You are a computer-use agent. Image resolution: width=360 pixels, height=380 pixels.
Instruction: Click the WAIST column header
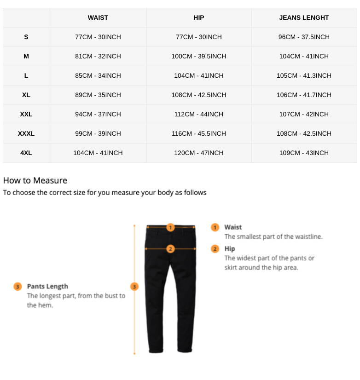pos(98,17)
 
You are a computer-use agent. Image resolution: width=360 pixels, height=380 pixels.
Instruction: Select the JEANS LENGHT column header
pos(304,17)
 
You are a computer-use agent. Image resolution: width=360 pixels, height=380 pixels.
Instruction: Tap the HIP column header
pos(199,17)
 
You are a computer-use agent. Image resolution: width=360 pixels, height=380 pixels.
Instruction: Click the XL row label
pos(26,95)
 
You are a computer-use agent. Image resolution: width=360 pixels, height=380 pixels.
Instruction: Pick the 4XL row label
pos(26,153)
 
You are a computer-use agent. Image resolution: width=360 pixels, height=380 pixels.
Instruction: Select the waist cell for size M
pos(98,56)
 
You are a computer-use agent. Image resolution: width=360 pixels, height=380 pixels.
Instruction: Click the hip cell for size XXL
pos(199,114)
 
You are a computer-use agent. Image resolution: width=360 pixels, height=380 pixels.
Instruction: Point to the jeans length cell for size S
pos(304,37)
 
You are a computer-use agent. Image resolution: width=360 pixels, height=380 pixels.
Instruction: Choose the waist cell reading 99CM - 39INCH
pos(98,133)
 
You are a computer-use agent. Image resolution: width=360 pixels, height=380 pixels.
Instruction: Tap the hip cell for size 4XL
pos(199,153)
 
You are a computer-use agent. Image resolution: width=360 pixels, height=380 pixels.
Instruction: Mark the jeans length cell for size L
pos(304,75)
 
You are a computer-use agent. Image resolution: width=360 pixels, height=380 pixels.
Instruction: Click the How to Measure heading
pos(35,180)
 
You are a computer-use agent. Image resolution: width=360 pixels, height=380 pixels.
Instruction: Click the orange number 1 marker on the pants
pos(170,227)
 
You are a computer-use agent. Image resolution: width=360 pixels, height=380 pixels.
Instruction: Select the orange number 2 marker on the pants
pos(170,249)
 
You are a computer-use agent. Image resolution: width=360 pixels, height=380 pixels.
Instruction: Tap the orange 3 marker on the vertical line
pos(134,287)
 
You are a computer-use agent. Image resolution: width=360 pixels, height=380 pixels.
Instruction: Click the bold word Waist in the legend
pos(233,227)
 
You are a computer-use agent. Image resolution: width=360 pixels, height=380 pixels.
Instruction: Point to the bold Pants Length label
pos(47,286)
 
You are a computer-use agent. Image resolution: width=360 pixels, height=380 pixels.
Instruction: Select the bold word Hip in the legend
pos(230,249)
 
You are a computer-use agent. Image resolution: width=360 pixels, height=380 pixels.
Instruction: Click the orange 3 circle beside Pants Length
pos(17,287)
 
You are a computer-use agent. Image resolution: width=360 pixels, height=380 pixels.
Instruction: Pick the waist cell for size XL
pos(98,95)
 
